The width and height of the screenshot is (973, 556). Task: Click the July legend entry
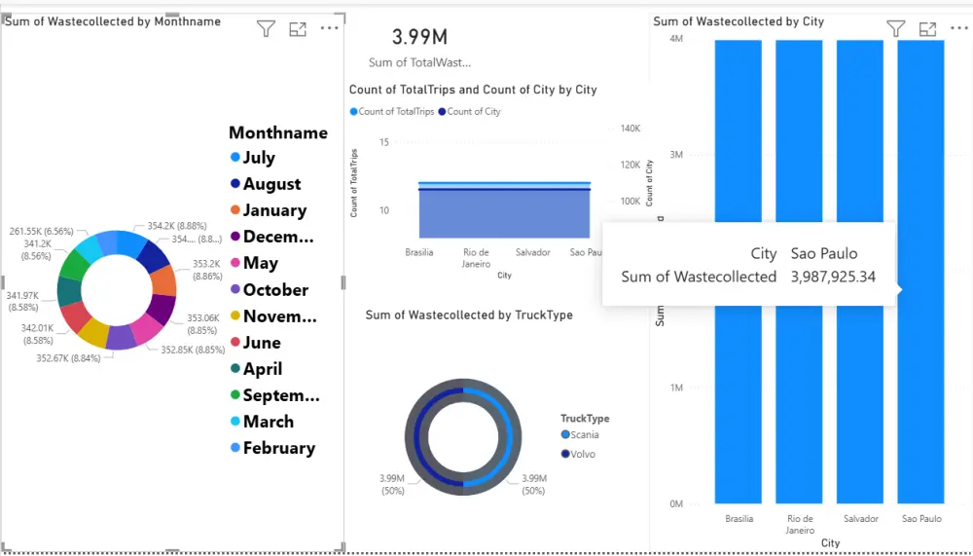[259, 158]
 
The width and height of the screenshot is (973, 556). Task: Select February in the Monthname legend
[278, 448]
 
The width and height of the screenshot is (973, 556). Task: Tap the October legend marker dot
[235, 289]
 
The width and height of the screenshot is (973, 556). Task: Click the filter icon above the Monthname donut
[266, 29]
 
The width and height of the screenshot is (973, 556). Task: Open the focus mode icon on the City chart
[927, 29]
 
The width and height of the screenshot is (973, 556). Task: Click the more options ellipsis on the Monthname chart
[329, 28]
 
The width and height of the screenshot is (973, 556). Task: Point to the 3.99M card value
[419, 37]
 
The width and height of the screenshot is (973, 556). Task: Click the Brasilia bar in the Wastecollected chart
[739, 273]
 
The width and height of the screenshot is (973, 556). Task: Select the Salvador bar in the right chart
[861, 273]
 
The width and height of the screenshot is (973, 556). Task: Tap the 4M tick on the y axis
[675, 39]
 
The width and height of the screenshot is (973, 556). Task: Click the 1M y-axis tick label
[675, 388]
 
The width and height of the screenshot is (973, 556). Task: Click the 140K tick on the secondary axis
[630, 129]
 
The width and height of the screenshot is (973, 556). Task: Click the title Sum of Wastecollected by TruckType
[469, 315]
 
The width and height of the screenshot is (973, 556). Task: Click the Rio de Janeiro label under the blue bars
[800, 524]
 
